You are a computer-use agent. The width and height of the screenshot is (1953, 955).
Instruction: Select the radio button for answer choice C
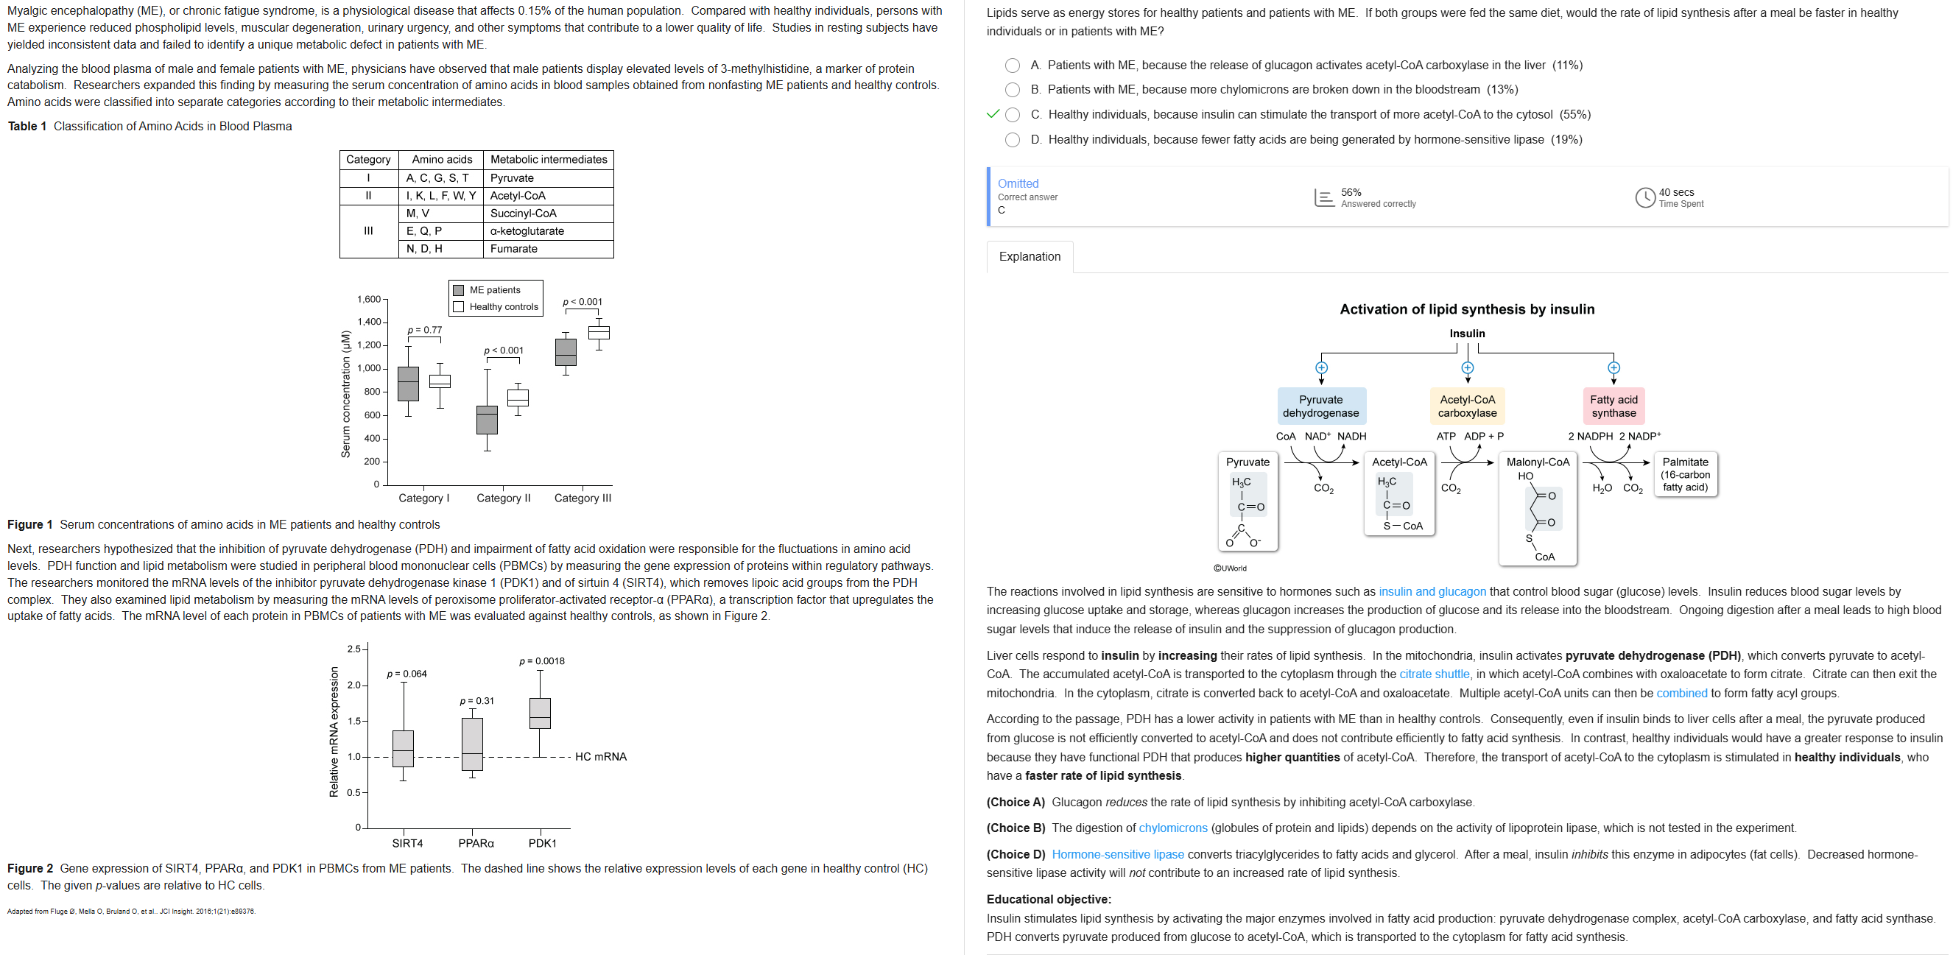coord(1012,115)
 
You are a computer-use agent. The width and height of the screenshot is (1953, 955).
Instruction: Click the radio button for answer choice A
coord(1012,66)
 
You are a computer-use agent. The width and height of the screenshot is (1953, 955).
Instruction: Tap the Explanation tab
coord(1029,257)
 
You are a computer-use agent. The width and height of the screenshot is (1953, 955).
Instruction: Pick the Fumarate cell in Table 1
coord(513,249)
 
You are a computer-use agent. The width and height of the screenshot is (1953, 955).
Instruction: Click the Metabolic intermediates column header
coord(548,159)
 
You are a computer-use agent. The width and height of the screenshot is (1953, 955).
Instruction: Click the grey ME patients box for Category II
coord(487,420)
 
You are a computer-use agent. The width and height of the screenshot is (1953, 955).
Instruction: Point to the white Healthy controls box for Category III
coord(599,332)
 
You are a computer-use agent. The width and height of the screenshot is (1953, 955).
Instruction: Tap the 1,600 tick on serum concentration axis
coord(369,300)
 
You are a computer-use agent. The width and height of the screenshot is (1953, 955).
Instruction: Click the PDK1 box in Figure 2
coord(540,713)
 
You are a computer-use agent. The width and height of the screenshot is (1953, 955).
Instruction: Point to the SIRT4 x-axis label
coord(407,844)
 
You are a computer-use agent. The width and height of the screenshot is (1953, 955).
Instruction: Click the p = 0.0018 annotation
coord(541,661)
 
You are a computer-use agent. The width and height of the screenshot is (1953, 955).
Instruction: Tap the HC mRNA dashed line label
coord(600,756)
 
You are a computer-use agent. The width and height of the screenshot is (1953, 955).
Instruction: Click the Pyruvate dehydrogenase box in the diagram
coord(1320,406)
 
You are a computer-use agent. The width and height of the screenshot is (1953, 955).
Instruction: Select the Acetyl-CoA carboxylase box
coord(1467,406)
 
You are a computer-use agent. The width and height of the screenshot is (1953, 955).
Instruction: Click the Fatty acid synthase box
coord(1614,406)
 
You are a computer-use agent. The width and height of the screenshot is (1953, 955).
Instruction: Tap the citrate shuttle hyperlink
coord(1434,674)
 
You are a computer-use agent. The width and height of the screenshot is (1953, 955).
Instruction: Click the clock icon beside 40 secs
coord(1644,198)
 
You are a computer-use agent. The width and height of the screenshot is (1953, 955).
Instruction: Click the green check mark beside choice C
coord(993,114)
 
